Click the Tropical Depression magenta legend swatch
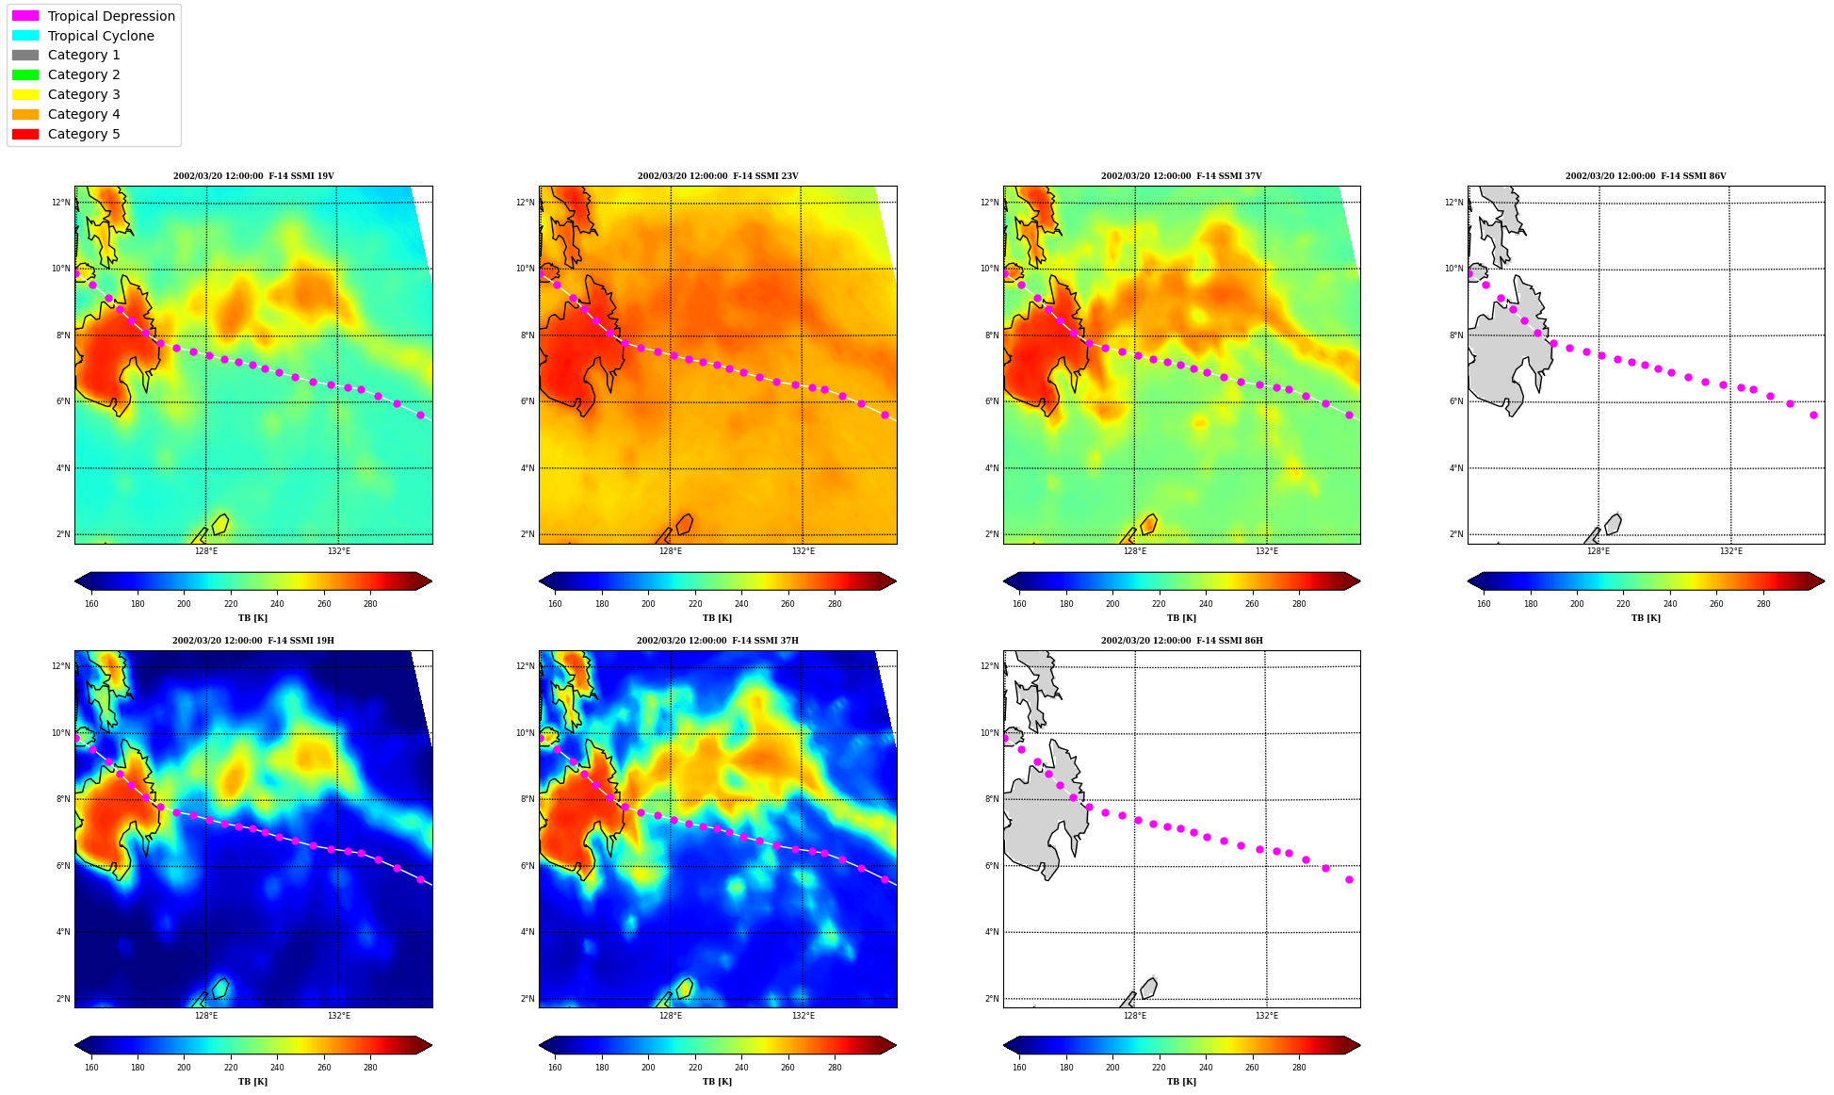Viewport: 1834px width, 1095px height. pyautogui.click(x=25, y=16)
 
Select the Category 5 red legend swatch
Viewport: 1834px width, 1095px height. pyautogui.click(x=25, y=134)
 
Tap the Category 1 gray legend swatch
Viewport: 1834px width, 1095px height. pyautogui.click(x=25, y=56)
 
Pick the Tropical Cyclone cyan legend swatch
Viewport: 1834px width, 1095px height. pyautogui.click(x=25, y=36)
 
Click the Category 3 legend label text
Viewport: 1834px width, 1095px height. pyautogui.click(x=84, y=94)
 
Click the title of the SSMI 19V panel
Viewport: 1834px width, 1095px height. pyautogui.click(x=253, y=176)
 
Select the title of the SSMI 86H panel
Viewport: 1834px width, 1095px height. pyautogui.click(x=1182, y=641)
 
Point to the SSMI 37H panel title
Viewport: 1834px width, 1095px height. pyautogui.click(x=718, y=641)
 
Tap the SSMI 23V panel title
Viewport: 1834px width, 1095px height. pyautogui.click(x=718, y=176)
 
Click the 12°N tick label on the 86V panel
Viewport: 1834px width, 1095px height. pyautogui.click(x=1453, y=203)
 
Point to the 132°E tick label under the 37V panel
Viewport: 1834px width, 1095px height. pyautogui.click(x=1267, y=551)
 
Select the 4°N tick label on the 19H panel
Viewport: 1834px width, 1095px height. pyautogui.click(x=63, y=932)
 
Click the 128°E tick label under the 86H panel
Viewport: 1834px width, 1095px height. pyautogui.click(x=1134, y=1016)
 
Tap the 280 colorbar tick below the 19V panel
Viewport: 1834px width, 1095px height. pyautogui.click(x=370, y=604)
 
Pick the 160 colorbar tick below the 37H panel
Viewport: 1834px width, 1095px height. pyautogui.click(x=555, y=1068)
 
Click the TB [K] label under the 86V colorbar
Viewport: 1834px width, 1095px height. pyautogui.click(x=1646, y=618)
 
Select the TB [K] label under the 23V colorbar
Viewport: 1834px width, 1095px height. pyautogui.click(x=718, y=618)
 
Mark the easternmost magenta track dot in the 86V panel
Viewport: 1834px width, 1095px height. pyautogui.click(x=1813, y=415)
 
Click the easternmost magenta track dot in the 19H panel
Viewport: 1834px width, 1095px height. pyautogui.click(x=420, y=879)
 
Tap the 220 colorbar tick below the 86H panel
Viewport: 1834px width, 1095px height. pyautogui.click(x=1159, y=1068)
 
